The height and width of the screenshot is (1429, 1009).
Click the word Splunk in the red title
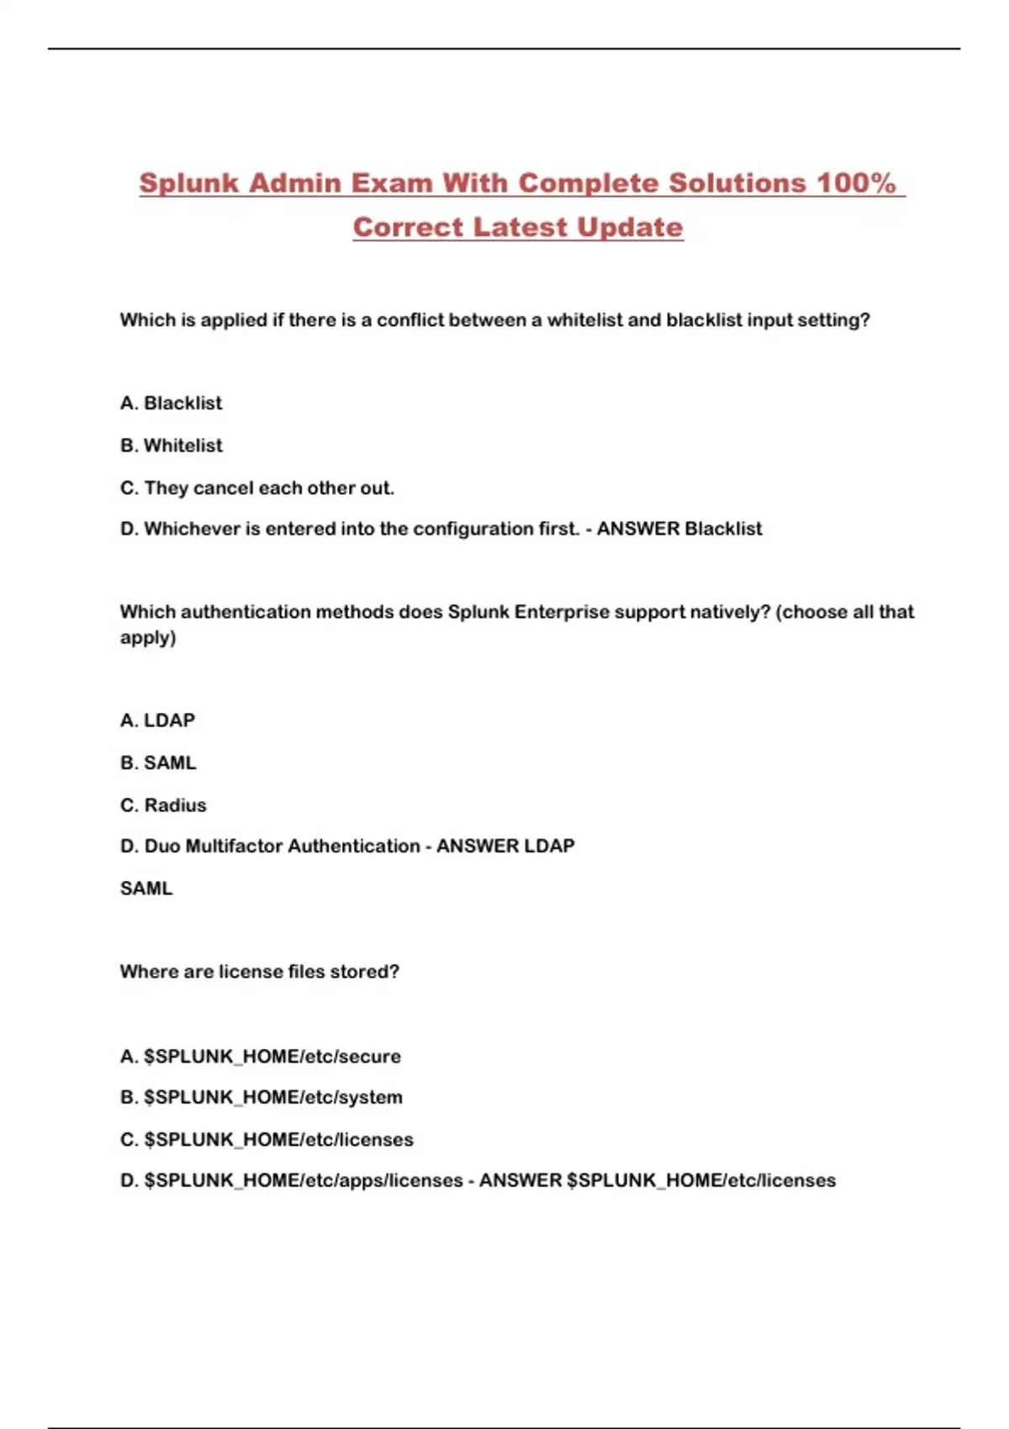point(189,183)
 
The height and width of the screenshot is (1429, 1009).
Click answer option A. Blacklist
point(171,403)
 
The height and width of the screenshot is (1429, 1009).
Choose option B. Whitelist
point(171,446)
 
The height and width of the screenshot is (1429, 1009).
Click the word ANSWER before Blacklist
point(637,529)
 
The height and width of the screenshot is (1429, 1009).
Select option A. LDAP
point(157,720)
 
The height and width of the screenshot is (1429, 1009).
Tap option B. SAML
point(158,763)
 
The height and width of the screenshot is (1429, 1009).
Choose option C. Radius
point(163,805)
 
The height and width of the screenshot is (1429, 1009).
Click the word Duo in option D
point(161,846)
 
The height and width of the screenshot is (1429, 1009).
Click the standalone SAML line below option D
point(146,889)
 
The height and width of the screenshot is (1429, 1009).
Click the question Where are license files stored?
point(259,972)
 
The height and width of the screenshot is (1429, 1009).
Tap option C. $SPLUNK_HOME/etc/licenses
point(267,1140)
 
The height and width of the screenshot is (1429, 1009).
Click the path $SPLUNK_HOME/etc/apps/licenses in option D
point(303,1181)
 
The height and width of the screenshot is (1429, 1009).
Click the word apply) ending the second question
point(148,638)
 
